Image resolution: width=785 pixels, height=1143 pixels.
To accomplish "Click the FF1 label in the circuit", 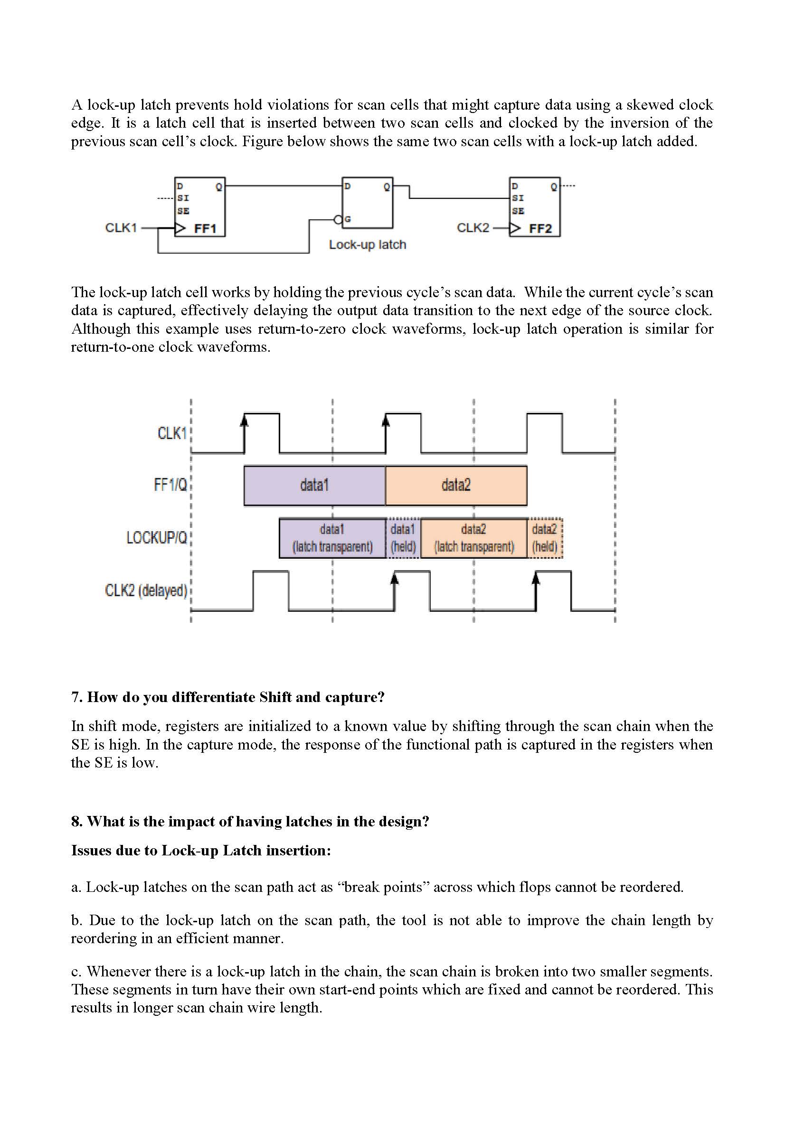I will coord(205,229).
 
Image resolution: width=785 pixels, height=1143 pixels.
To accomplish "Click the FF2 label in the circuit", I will coord(540,229).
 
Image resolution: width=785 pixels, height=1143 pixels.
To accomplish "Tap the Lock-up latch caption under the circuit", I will coord(367,244).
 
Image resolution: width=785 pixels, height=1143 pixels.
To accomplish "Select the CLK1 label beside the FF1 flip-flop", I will coord(121,228).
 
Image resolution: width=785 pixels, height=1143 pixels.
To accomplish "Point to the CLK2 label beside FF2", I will coord(473,228).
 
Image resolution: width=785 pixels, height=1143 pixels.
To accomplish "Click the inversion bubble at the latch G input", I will coord(338,219).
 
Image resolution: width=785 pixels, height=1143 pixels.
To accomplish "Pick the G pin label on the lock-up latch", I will coord(348,219).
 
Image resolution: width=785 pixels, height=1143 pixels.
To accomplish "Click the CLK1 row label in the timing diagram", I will coord(172,433).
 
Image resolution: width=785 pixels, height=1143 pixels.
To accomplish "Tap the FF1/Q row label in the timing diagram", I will coord(170,485).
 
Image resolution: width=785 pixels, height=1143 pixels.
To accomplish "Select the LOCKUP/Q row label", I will coord(157,538).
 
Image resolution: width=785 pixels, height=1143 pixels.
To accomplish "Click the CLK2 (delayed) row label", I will coord(146,590).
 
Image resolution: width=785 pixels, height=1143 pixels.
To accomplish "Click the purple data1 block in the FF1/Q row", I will coord(314,486).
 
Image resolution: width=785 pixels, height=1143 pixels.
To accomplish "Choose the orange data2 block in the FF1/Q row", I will coord(456,486).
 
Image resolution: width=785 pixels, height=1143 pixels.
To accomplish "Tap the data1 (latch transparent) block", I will coord(332,538).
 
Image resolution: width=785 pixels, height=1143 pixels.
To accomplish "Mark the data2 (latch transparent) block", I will coord(473,538).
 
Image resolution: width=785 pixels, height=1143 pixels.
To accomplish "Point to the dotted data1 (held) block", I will coord(403,538).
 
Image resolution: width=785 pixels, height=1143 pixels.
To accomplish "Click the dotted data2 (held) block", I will coord(544,538).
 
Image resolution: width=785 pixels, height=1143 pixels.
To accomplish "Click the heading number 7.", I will coord(76,697).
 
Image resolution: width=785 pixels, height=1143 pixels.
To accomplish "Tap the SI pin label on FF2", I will coord(517,198).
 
